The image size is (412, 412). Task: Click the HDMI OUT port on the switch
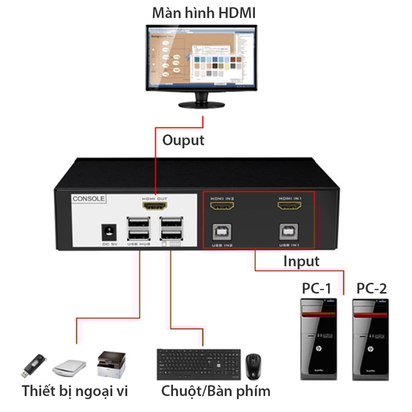154,207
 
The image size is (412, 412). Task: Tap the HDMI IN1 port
289,207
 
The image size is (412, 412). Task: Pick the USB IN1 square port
289,231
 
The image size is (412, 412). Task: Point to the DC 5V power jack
110,231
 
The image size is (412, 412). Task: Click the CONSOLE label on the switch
89,198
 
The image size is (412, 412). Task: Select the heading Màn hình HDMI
203,13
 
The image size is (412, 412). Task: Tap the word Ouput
183,140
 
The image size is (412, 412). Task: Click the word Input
301,261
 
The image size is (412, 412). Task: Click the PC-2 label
371,288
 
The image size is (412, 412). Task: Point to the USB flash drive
35,365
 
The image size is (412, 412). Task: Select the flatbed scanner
69,367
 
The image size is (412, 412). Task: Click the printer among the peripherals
111,364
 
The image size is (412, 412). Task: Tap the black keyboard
198,365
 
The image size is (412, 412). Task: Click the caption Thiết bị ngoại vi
75,391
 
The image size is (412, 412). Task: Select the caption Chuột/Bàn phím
216,391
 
